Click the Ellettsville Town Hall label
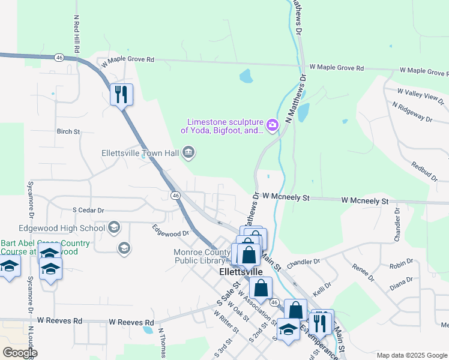pyautogui.click(x=140, y=153)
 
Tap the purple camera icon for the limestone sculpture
pyautogui.click(x=272, y=125)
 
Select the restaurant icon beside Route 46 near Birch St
pyautogui.click(x=121, y=94)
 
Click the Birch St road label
pyautogui.click(x=68, y=131)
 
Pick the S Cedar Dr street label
pyautogui.click(x=88, y=211)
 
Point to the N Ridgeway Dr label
pyautogui.click(x=412, y=112)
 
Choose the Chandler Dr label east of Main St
pyautogui.click(x=303, y=262)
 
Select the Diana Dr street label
pyautogui.click(x=401, y=280)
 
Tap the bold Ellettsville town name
pyautogui.click(x=241, y=272)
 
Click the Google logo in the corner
pyautogui.click(x=19, y=353)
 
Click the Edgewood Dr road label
pyautogui.click(x=170, y=229)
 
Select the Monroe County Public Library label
pyautogui.click(x=202, y=256)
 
